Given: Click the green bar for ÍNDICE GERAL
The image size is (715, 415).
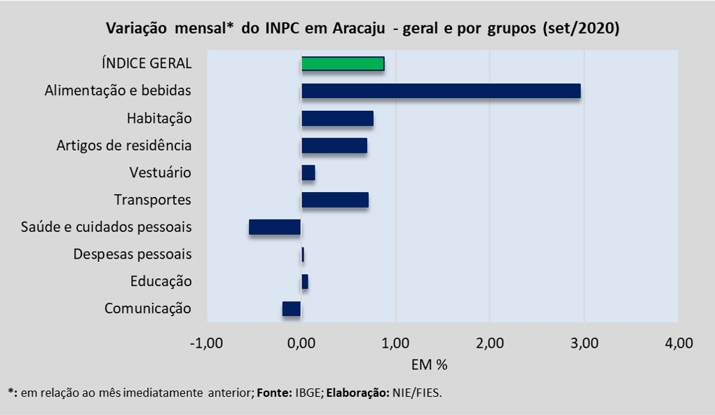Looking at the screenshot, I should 343,64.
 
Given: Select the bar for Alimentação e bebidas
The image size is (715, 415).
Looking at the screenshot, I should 441,91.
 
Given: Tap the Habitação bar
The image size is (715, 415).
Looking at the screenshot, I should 337,118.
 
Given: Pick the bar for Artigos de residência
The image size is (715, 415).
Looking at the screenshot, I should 334,146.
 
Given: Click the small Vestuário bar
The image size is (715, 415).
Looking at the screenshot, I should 308,172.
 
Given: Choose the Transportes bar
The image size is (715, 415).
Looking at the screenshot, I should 335,200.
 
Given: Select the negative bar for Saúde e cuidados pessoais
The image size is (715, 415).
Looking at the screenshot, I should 275,227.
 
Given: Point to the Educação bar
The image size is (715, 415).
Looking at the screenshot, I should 305,282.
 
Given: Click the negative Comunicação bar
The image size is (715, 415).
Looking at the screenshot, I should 292,309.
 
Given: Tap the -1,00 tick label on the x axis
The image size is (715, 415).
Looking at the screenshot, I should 207,343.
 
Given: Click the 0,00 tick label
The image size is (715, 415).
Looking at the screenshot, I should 301,343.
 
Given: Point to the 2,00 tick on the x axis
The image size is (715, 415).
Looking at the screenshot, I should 490,343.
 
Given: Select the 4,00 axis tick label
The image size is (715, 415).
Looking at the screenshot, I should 678,343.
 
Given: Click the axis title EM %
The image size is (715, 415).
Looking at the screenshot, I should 430,365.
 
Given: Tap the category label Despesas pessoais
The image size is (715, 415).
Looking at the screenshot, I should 132,254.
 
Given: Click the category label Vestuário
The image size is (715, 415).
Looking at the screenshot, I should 161,172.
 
